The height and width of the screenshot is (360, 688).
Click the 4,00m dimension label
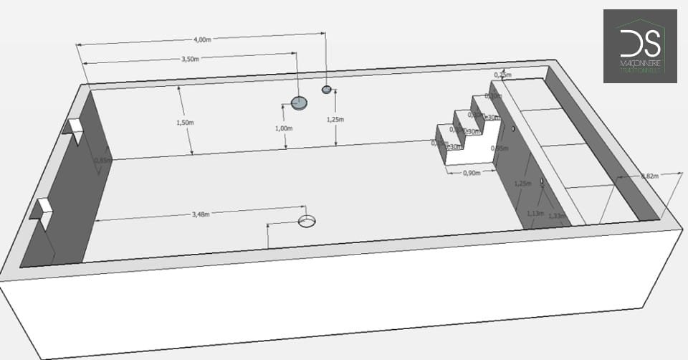204,39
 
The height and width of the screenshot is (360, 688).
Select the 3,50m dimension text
191,60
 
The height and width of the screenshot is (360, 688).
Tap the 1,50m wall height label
184,123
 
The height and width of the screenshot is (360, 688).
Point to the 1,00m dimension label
284,128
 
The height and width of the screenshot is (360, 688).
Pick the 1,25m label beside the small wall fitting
335,118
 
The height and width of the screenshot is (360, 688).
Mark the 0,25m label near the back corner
503,75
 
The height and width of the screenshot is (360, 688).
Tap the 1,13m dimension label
535,213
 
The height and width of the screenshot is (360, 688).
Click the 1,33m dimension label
555,215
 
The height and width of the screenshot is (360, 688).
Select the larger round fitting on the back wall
299,103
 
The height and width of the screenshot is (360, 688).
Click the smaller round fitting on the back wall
327,90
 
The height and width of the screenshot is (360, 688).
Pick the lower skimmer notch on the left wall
42,209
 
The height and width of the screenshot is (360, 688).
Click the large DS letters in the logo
639,43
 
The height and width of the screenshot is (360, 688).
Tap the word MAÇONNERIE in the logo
640,63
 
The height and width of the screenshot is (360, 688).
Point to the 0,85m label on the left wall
103,160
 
